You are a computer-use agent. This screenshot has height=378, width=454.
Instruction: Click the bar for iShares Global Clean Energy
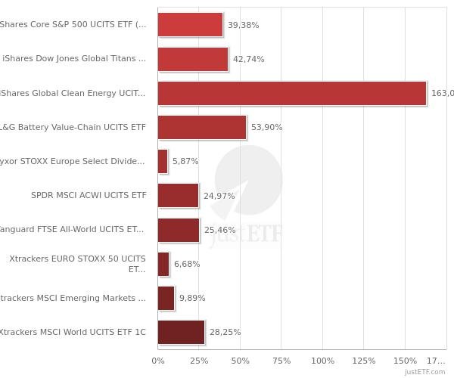[x=292, y=93]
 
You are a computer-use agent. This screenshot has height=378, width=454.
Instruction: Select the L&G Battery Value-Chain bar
[x=202, y=127]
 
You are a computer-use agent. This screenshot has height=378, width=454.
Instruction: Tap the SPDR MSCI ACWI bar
[x=178, y=195]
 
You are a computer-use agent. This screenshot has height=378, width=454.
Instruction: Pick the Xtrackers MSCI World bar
[x=181, y=332]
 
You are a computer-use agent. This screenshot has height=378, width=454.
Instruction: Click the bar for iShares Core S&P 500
[x=190, y=24]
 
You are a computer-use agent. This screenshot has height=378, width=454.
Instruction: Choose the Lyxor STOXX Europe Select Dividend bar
[x=163, y=161]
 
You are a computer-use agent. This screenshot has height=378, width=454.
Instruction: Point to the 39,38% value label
[x=243, y=25]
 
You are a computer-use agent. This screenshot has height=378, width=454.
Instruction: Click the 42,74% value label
[x=248, y=59]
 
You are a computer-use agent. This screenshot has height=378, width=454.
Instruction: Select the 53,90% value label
[x=266, y=127]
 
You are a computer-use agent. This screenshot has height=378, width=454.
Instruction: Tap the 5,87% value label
[x=185, y=161]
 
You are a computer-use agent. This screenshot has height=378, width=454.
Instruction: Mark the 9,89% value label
[x=192, y=298]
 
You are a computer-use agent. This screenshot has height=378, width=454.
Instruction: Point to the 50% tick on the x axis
[x=241, y=361]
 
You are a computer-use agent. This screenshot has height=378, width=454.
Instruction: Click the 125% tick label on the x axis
[x=363, y=361]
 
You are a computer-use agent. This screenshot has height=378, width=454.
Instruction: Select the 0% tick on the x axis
[x=158, y=361]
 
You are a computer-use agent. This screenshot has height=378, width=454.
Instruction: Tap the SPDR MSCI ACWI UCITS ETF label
[x=89, y=195]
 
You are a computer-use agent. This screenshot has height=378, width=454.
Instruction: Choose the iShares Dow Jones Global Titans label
[x=74, y=58]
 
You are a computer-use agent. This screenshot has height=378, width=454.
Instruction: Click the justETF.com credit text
[x=424, y=372]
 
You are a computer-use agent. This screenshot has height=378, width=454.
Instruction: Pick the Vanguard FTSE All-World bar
[x=179, y=230]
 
